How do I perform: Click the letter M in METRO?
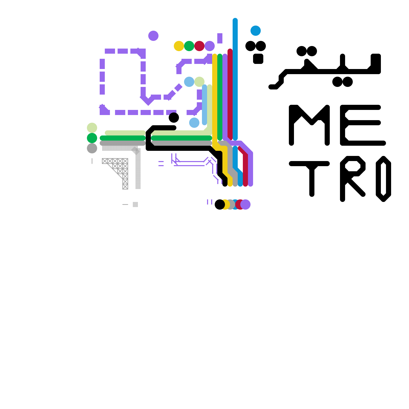click(309, 125)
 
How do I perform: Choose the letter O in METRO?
click(383, 179)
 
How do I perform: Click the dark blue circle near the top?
click(256, 31)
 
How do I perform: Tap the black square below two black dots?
click(258, 59)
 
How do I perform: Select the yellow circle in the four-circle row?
click(179, 46)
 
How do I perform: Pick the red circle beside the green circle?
click(199, 46)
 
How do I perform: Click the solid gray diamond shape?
click(135, 151)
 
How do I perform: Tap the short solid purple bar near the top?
click(220, 38)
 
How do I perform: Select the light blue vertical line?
click(204, 105)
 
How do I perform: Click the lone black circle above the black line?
click(174, 118)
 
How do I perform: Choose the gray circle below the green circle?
click(92, 148)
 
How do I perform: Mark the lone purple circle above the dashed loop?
click(153, 36)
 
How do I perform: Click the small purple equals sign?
click(161, 164)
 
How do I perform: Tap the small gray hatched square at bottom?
click(135, 204)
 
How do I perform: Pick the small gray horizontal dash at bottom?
click(125, 204)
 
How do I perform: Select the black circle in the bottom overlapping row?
click(219, 204)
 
